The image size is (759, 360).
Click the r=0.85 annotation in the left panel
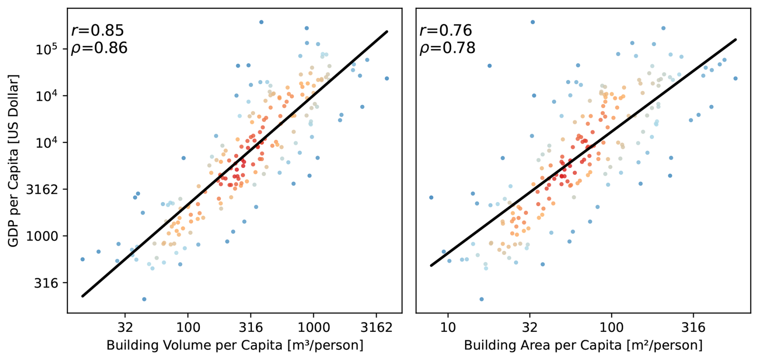coord(97,31)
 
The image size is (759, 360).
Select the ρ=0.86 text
coord(99,48)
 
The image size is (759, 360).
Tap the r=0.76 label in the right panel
coord(446,31)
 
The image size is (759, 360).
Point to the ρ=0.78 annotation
coord(447,48)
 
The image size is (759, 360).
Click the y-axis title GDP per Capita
coord(13,161)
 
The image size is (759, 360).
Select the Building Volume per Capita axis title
coord(235,345)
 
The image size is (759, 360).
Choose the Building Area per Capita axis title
coord(583,345)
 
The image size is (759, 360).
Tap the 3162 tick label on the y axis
coord(42,189)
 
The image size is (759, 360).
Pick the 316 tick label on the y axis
coord(46,283)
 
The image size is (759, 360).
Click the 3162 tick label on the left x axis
coord(376,327)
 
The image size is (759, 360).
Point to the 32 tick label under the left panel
coord(125,327)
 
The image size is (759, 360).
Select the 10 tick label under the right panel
coord(448,327)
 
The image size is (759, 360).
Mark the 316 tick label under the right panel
coord(693,327)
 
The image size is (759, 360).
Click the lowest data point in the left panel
coord(144,299)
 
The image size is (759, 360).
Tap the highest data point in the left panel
coord(261,22)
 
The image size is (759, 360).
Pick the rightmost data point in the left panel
coord(387,78)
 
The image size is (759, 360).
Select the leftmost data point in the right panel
coord(431,197)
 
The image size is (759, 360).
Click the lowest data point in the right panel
coord(481,299)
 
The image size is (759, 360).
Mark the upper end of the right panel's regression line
coord(736,39)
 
